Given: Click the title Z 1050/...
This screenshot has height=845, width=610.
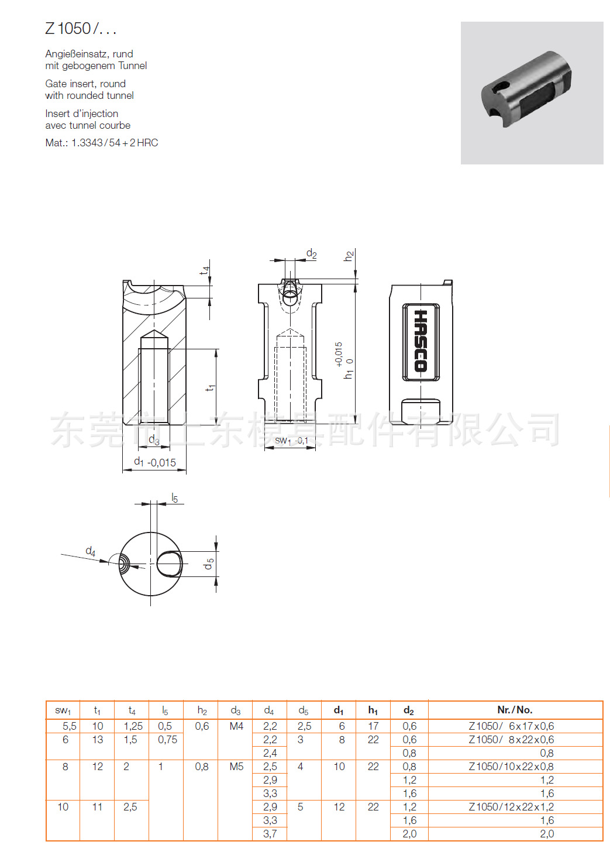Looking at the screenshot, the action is pyautogui.click(x=81, y=29).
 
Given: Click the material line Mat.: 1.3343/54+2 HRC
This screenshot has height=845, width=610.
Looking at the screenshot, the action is pyautogui.click(x=101, y=143).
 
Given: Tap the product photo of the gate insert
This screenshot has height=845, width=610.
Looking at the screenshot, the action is pyautogui.click(x=531, y=92).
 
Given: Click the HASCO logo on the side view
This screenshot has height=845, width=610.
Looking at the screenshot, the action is pyautogui.click(x=421, y=342).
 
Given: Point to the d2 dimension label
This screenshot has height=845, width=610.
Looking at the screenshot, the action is pyautogui.click(x=311, y=254).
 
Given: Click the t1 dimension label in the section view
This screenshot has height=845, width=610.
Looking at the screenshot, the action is pyautogui.click(x=211, y=387).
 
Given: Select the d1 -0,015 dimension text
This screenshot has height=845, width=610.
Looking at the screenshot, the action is pyautogui.click(x=155, y=462).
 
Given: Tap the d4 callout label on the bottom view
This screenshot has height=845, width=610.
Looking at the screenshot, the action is pyautogui.click(x=90, y=551).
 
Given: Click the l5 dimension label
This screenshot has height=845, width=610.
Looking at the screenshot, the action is pyautogui.click(x=174, y=498).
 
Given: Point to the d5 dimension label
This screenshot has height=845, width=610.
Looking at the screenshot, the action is pyautogui.click(x=209, y=564).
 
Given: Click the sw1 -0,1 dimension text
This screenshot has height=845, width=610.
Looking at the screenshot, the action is pyautogui.click(x=291, y=440).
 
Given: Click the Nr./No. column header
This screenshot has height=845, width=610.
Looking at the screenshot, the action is pyautogui.click(x=515, y=710).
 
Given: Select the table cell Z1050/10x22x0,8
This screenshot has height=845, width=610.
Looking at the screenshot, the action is pyautogui.click(x=511, y=767).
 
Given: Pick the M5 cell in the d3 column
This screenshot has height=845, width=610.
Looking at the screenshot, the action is pyautogui.click(x=236, y=767).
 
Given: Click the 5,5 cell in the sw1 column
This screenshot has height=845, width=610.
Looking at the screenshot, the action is pyautogui.click(x=69, y=726).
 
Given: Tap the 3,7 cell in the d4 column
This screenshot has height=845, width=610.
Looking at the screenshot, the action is pyautogui.click(x=270, y=834).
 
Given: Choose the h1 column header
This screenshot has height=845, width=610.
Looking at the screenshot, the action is pyautogui.click(x=373, y=710).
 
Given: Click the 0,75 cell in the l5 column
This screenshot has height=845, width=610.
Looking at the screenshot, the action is pyautogui.click(x=167, y=740).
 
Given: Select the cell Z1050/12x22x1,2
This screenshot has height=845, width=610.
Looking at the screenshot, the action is pyautogui.click(x=511, y=807).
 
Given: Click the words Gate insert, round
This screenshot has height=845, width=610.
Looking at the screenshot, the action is pyautogui.click(x=85, y=84).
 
